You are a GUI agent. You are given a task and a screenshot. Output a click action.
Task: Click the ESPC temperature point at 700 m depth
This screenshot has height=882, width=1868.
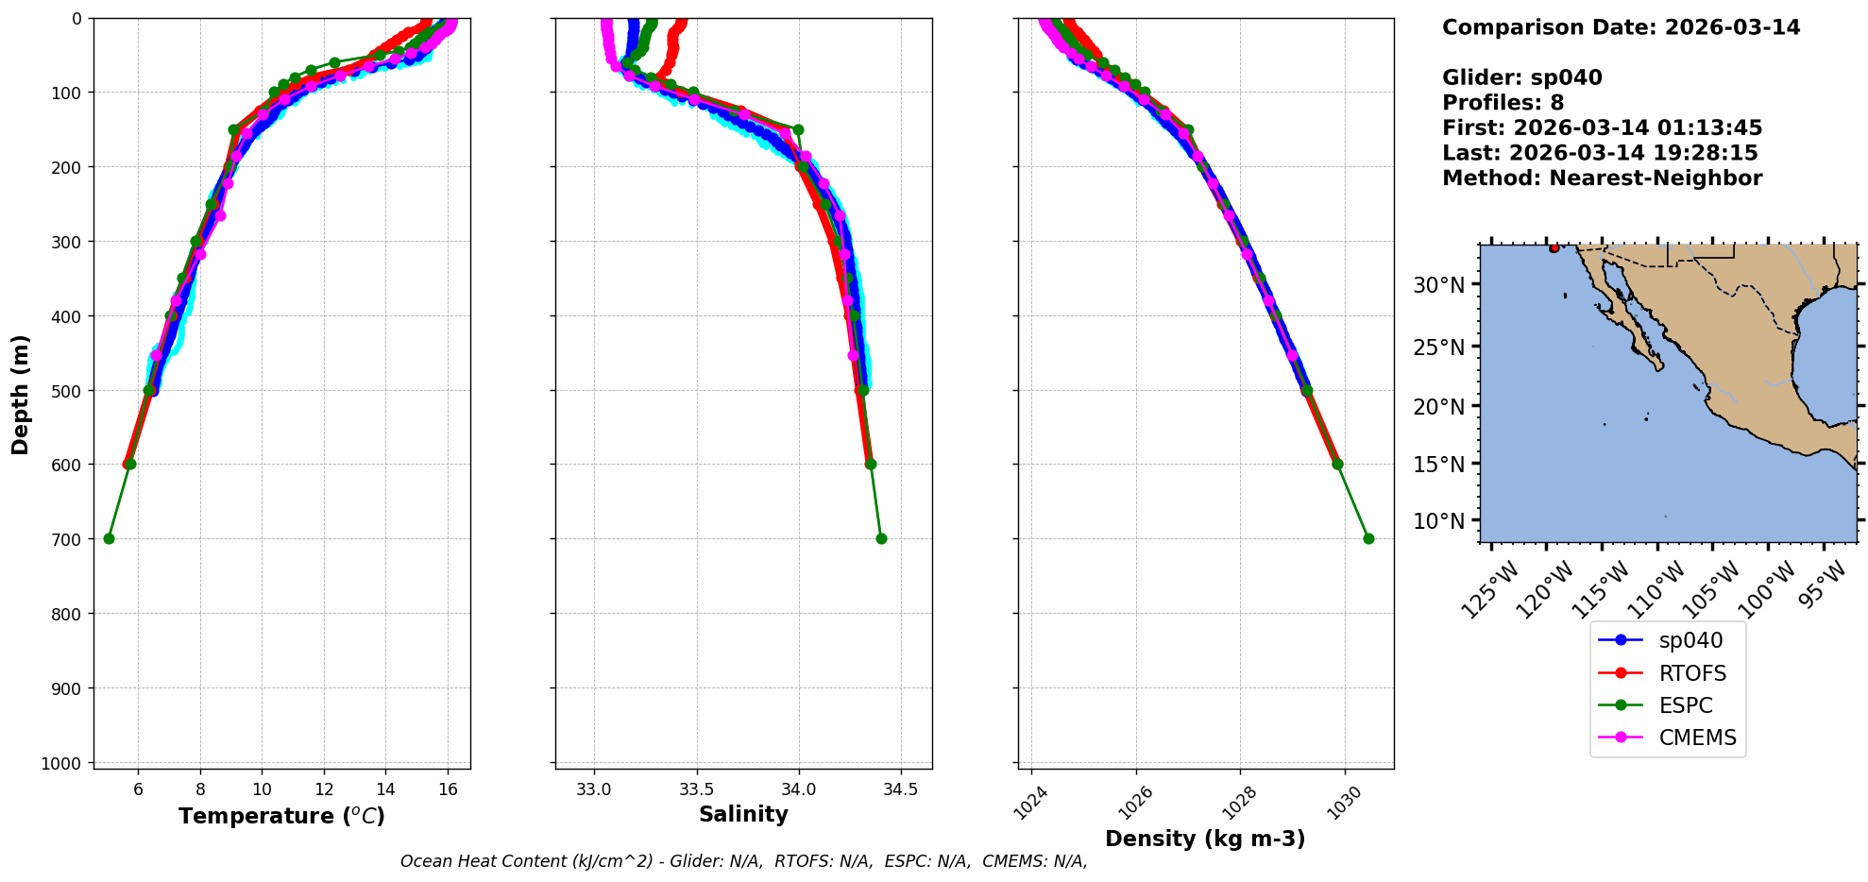tap(109, 538)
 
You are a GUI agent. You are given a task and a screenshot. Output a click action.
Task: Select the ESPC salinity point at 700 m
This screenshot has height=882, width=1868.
tap(881, 538)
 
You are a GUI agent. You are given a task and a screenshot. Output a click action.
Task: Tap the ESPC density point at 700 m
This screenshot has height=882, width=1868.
tap(1368, 538)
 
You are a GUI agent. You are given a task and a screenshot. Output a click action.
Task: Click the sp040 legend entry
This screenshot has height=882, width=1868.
tap(1690, 640)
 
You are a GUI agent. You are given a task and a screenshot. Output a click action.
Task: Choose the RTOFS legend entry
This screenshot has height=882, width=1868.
tap(1691, 673)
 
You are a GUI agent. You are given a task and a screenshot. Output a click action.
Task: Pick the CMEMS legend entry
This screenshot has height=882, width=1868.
tap(1697, 738)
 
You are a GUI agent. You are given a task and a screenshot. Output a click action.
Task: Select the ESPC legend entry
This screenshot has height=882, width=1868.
tap(1685, 705)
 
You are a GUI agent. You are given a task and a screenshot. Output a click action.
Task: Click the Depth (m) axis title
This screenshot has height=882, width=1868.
tap(21, 394)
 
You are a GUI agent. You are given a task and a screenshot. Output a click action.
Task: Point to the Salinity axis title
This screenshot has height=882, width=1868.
tap(743, 814)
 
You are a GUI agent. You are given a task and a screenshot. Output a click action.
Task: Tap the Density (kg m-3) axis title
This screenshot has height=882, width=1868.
tap(1205, 839)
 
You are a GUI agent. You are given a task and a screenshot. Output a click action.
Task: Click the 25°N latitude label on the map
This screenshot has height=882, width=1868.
tap(1438, 348)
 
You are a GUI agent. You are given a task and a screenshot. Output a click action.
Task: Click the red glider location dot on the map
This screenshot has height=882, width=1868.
tap(1554, 248)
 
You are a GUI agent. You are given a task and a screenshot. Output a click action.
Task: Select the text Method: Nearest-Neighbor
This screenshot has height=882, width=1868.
tap(1602, 178)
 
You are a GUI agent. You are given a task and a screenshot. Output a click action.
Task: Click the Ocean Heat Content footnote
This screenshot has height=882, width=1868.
tap(743, 861)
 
